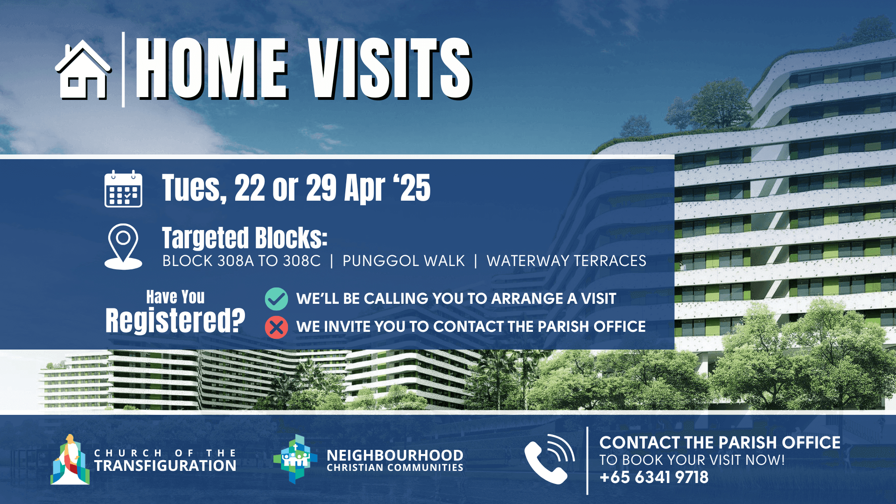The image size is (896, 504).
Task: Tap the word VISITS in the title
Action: [x=390, y=69]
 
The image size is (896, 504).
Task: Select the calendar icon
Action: [x=123, y=189]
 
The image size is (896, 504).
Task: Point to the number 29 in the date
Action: [x=322, y=188]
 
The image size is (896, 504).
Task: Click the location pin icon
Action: [x=123, y=246]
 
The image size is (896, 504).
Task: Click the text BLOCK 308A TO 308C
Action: [x=241, y=261]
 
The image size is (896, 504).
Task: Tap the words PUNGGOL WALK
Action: [x=404, y=261]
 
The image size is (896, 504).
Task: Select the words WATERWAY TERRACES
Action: [x=567, y=261]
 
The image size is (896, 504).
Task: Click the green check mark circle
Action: [x=276, y=299]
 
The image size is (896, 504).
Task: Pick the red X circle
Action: [x=276, y=327]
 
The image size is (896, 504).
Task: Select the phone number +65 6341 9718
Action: [x=654, y=477]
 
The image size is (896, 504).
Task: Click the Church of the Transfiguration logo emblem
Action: [x=70, y=460]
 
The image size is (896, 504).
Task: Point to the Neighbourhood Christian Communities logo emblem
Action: [x=295, y=459]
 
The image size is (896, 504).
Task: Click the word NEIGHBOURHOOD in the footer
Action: [x=395, y=455]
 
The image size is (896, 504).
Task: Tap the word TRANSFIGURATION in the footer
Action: [x=165, y=466]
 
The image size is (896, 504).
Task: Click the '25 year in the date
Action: [x=412, y=188]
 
